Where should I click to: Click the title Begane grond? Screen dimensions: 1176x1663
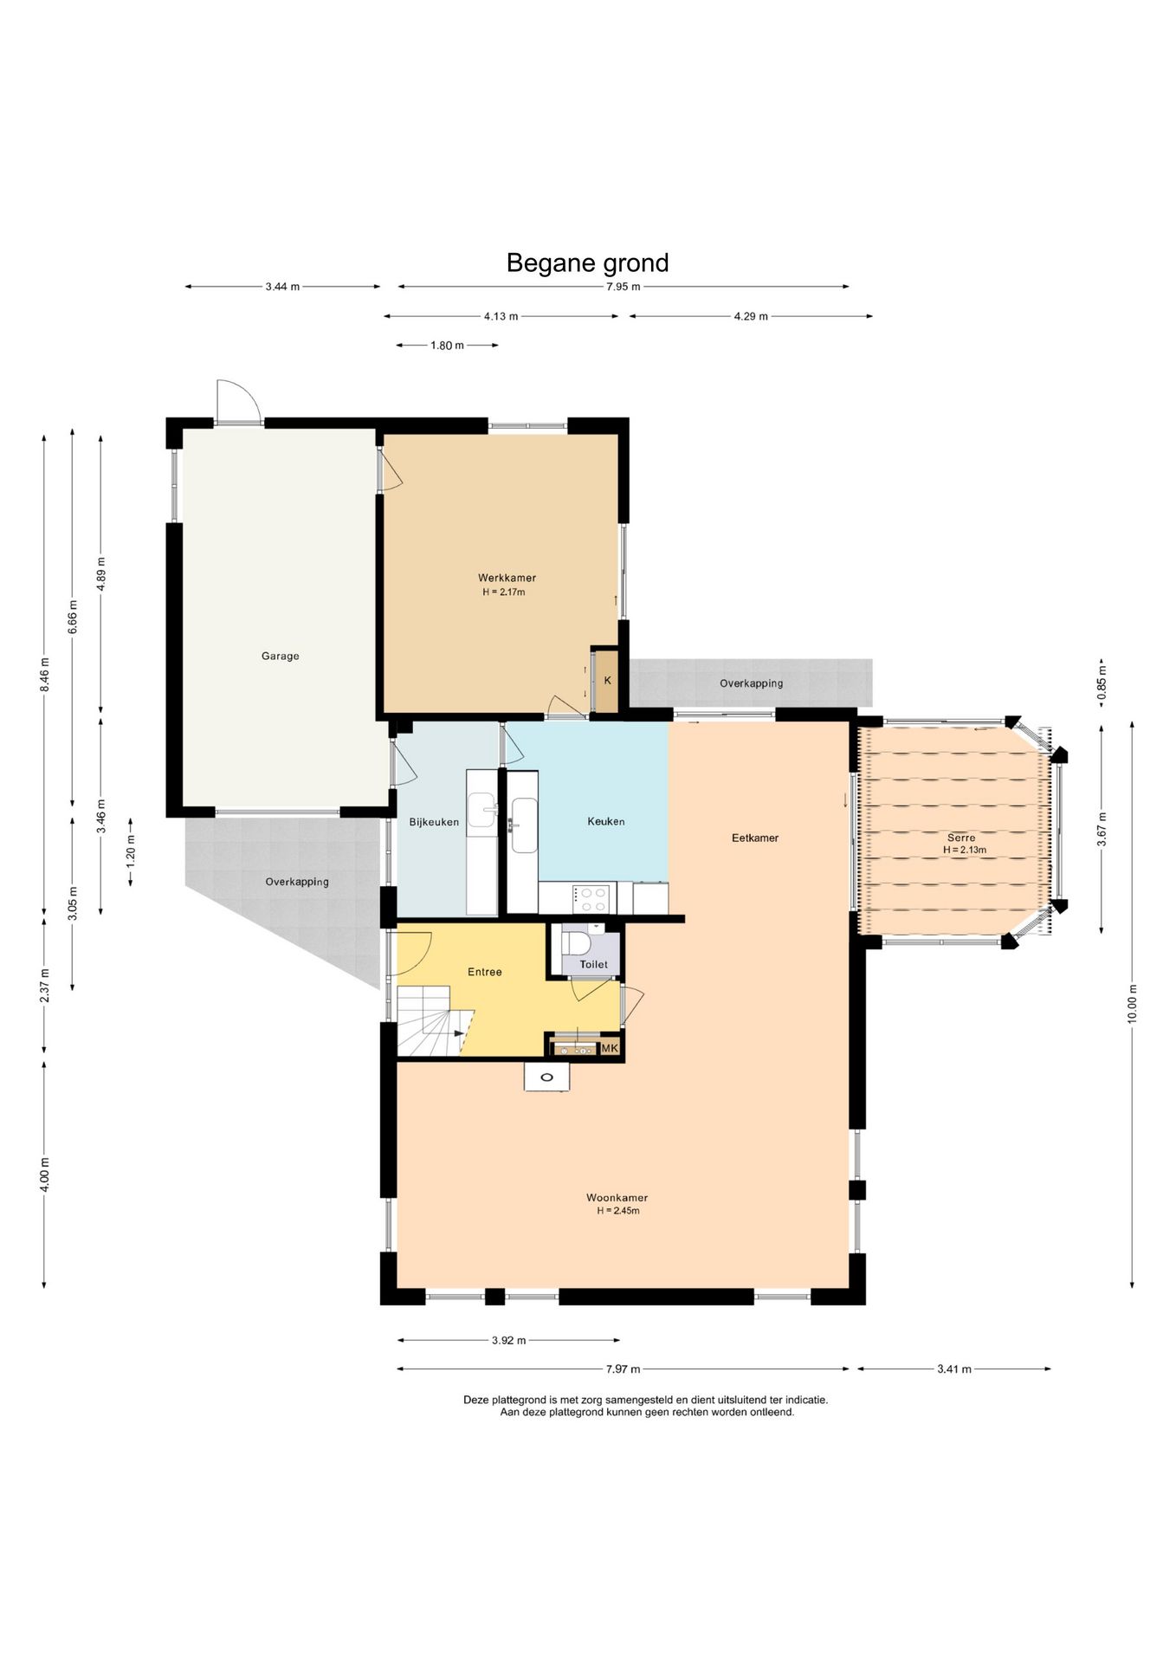[x=587, y=262]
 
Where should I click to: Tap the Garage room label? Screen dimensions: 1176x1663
[x=280, y=656]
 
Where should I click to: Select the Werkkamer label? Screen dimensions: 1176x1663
[x=507, y=578]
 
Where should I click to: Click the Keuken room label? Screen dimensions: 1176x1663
[x=605, y=821]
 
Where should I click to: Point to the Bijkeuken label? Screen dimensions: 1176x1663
[x=434, y=822]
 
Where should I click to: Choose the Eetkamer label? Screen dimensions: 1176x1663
[x=755, y=838]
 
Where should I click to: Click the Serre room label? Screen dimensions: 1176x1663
[x=961, y=838]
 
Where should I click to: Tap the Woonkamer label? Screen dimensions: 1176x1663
[x=617, y=1198]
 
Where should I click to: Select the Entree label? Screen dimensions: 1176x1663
[x=484, y=972]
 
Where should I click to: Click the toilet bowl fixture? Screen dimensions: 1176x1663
[x=576, y=942]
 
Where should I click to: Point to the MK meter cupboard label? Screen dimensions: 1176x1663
[x=610, y=1048]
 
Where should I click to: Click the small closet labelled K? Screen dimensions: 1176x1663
[x=607, y=681]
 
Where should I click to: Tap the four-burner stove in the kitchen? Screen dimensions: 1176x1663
[x=591, y=898]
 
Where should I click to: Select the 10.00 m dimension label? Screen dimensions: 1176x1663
[x=1132, y=1005]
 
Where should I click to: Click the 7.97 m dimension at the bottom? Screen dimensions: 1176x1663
[x=624, y=1369]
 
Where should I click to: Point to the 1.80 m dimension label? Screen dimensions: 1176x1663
[x=447, y=346]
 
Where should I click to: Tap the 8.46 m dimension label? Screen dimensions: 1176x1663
[x=44, y=675]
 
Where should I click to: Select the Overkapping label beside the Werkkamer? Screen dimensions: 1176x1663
[x=751, y=683]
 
